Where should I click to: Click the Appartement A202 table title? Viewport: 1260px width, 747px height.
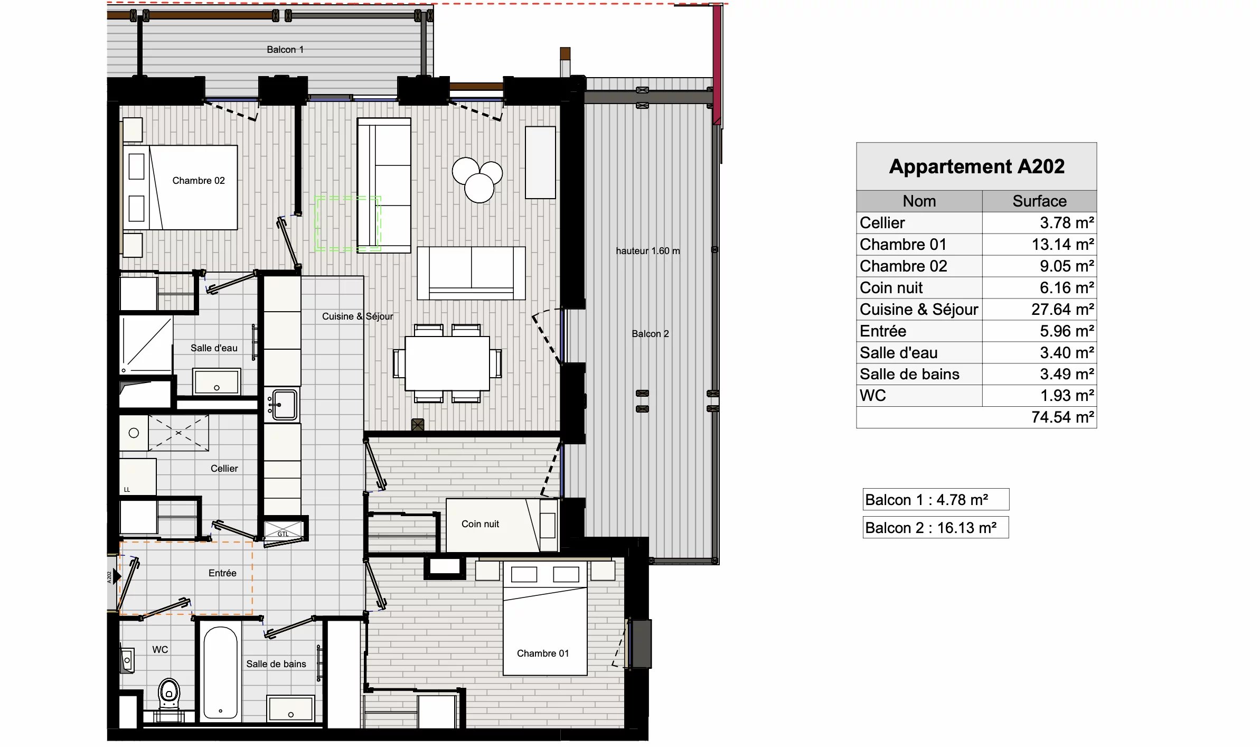976,166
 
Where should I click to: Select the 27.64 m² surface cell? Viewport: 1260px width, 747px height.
1062,309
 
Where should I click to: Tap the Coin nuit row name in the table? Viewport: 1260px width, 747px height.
891,287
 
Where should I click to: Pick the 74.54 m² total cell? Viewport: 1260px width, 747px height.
1062,417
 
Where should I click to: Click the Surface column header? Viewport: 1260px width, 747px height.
1039,201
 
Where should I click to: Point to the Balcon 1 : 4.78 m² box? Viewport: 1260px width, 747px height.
935,499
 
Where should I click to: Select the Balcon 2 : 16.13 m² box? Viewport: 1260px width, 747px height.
935,527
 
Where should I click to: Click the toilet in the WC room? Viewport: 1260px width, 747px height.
169,692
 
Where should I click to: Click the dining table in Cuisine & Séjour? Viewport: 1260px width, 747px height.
447,363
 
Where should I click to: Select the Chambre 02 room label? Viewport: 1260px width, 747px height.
199,181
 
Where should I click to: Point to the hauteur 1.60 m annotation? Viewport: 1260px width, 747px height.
647,251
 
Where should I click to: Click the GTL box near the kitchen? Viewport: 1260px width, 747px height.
284,530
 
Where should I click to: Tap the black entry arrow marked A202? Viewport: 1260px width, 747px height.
117,576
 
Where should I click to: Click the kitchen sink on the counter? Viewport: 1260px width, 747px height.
284,404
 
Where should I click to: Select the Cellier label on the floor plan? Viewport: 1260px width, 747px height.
224,469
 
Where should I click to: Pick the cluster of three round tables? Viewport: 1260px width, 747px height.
477,179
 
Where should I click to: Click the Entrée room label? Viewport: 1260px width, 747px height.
222,573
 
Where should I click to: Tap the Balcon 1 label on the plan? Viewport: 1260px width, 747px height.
285,50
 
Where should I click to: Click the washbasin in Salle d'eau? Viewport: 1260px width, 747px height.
217,381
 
